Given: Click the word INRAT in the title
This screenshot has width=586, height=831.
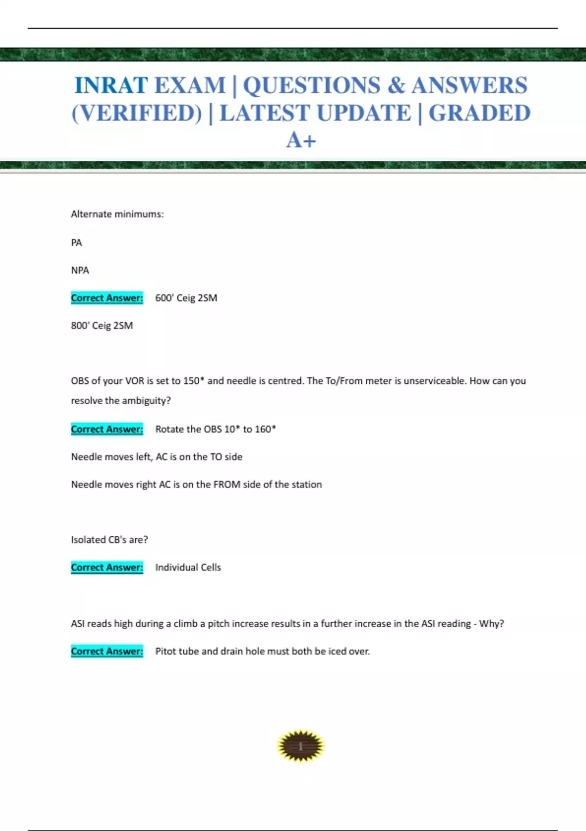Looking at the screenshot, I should point(111,86).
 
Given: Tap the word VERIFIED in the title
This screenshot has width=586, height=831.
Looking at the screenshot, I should point(137,113).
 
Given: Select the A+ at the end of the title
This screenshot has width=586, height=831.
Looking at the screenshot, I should point(301,140).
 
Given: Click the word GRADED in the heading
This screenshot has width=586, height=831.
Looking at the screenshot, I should point(479,113).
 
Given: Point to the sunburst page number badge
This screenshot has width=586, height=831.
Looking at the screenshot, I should point(300,746).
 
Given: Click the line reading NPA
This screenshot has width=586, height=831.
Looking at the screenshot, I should point(80,270).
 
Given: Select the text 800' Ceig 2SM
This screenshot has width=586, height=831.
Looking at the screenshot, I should point(102,326).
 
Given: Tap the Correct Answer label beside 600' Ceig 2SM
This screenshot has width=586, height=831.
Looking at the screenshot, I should point(107,298).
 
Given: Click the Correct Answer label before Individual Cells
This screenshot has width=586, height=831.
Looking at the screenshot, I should point(107,567).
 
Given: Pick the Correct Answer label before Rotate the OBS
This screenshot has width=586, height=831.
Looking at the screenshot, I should point(107,429).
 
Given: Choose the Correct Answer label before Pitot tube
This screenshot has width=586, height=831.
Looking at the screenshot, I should point(107,651).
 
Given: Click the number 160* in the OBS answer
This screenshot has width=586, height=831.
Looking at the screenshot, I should point(265,429).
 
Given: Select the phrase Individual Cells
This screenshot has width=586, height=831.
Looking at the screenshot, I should point(188,567).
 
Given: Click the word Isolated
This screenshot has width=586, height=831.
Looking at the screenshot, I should point(88,540).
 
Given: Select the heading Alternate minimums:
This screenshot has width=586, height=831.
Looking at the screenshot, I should point(117,214).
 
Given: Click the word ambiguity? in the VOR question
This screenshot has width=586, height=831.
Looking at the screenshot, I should point(146,401).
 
